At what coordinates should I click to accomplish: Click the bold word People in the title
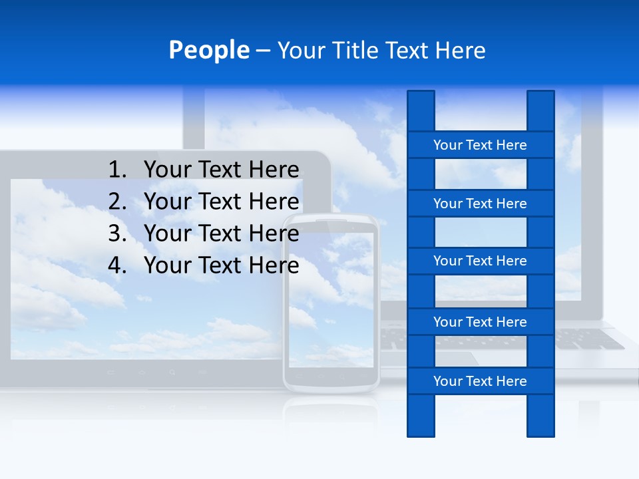[208, 50]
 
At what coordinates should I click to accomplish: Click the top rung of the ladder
[480, 145]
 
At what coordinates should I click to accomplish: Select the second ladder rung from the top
[480, 204]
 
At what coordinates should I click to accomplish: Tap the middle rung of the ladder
[480, 261]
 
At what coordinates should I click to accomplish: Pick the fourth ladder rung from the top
[480, 322]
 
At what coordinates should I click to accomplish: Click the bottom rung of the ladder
[480, 381]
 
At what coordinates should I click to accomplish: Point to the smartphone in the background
[331, 303]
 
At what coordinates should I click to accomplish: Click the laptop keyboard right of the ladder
[589, 338]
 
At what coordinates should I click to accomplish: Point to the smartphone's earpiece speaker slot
[331, 221]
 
